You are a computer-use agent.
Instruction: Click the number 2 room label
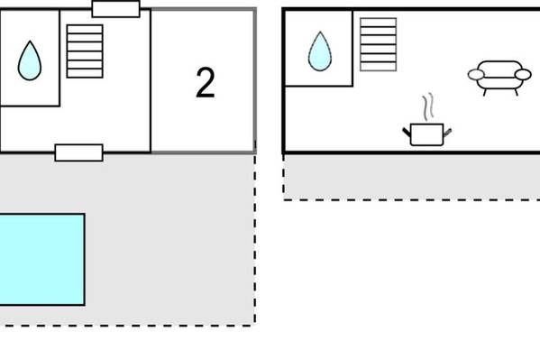(x=206, y=82)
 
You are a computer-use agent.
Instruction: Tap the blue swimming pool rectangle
(x=42, y=259)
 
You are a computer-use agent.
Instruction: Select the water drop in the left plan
(x=30, y=60)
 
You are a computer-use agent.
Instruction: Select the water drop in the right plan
(x=320, y=51)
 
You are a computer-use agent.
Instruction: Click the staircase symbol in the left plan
(x=85, y=51)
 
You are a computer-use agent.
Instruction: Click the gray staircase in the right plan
(x=378, y=44)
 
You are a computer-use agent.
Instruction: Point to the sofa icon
(x=499, y=78)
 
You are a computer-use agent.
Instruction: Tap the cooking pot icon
(x=427, y=134)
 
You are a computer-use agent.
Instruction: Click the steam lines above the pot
(x=427, y=106)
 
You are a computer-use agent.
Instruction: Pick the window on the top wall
(x=116, y=9)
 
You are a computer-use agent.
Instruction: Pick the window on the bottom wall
(x=78, y=152)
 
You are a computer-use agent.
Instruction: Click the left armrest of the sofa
(x=476, y=75)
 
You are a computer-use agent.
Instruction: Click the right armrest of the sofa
(x=523, y=75)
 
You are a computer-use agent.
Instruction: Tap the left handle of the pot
(x=407, y=132)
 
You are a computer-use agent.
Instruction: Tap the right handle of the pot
(x=447, y=132)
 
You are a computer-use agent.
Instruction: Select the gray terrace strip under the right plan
(x=412, y=177)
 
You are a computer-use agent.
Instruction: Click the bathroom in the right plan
(x=319, y=49)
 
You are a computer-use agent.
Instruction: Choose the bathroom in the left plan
(x=30, y=58)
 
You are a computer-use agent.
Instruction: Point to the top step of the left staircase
(x=85, y=29)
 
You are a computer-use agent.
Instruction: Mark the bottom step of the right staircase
(x=378, y=67)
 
